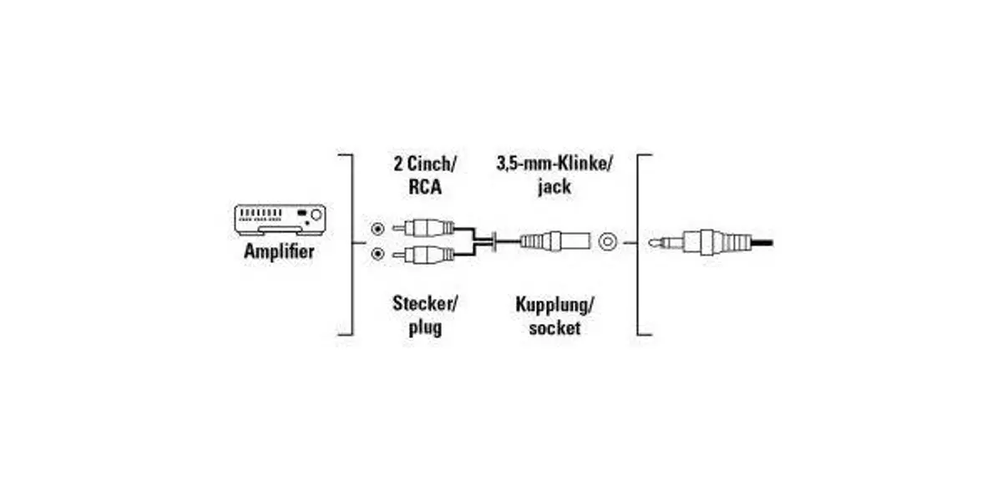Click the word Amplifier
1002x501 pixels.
[x=279, y=251]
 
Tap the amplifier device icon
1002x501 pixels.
[x=280, y=220]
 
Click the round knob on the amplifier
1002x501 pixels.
[x=316, y=215]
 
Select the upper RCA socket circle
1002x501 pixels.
[x=378, y=229]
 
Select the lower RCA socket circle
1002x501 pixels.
[x=378, y=254]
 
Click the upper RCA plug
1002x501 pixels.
[x=423, y=228]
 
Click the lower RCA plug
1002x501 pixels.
[x=423, y=255]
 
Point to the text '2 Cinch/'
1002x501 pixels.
[x=424, y=164]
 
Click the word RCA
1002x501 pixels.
[x=425, y=186]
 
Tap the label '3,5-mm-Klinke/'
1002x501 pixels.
[x=554, y=164]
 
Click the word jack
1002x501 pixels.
[x=554, y=186]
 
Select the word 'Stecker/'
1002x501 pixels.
[x=425, y=304]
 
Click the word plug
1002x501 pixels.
[x=425, y=327]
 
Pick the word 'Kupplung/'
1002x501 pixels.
[x=554, y=305]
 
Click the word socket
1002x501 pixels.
[x=554, y=328]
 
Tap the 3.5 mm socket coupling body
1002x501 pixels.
[x=555, y=241]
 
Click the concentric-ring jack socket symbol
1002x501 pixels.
[x=608, y=242]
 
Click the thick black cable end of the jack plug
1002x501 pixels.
[x=762, y=243]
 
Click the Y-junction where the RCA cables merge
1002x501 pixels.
[x=493, y=242]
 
